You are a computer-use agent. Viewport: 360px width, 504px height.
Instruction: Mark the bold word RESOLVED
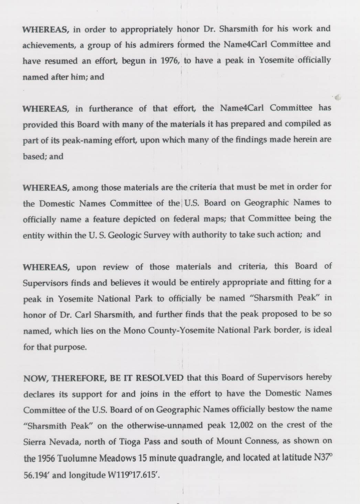coord(160,378)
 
